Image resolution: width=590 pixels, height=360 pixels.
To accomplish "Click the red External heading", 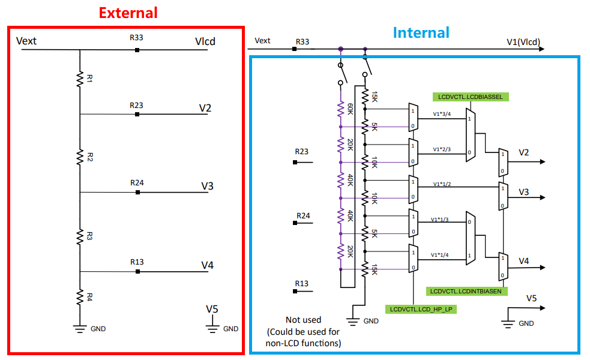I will click(x=128, y=13).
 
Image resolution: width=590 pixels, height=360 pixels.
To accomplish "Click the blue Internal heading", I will click(x=421, y=32).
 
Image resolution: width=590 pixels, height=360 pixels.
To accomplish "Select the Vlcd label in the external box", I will click(x=205, y=41).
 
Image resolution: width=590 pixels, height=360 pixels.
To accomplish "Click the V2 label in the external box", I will click(x=205, y=108).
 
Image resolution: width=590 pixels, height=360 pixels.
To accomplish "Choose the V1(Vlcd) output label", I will click(x=523, y=42).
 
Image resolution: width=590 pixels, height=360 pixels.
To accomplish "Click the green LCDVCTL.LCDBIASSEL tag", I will click(x=471, y=96).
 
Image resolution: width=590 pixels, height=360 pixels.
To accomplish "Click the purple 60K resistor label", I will click(x=351, y=109).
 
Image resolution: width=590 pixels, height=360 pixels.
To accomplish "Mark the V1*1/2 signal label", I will click(x=442, y=184).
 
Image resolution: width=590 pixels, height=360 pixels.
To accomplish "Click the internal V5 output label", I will click(x=531, y=298).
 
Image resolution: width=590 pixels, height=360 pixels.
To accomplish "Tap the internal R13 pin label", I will click(x=301, y=283).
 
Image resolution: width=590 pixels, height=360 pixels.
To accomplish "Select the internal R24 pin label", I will click(x=303, y=215).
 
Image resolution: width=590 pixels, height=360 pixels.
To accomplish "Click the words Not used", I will click(x=303, y=320).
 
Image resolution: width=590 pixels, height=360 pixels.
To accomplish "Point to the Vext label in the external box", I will click(x=26, y=41).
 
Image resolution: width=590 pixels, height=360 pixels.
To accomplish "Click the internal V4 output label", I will click(x=524, y=261).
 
